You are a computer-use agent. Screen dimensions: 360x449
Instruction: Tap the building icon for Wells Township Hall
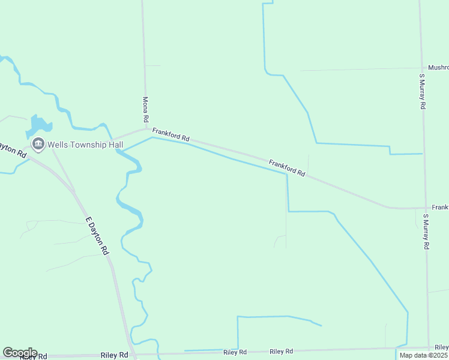tap(38, 144)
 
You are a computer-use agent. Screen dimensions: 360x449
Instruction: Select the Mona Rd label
tap(145, 107)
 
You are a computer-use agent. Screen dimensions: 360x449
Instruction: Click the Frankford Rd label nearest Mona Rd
tap(170, 134)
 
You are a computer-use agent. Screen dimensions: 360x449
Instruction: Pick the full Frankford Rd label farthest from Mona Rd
tap(287, 167)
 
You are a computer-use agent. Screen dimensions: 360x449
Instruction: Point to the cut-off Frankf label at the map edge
tap(440, 207)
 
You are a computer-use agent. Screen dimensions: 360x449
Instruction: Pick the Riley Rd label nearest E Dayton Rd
tap(115, 355)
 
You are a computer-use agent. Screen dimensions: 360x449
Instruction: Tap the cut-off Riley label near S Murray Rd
tap(441, 347)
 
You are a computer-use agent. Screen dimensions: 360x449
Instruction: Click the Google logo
tap(20, 353)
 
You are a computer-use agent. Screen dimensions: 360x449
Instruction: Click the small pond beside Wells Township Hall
tap(38, 125)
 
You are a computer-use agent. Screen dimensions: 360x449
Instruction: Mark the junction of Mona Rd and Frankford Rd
tap(145, 128)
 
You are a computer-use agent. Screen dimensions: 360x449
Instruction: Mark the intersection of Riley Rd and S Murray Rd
tap(429, 347)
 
